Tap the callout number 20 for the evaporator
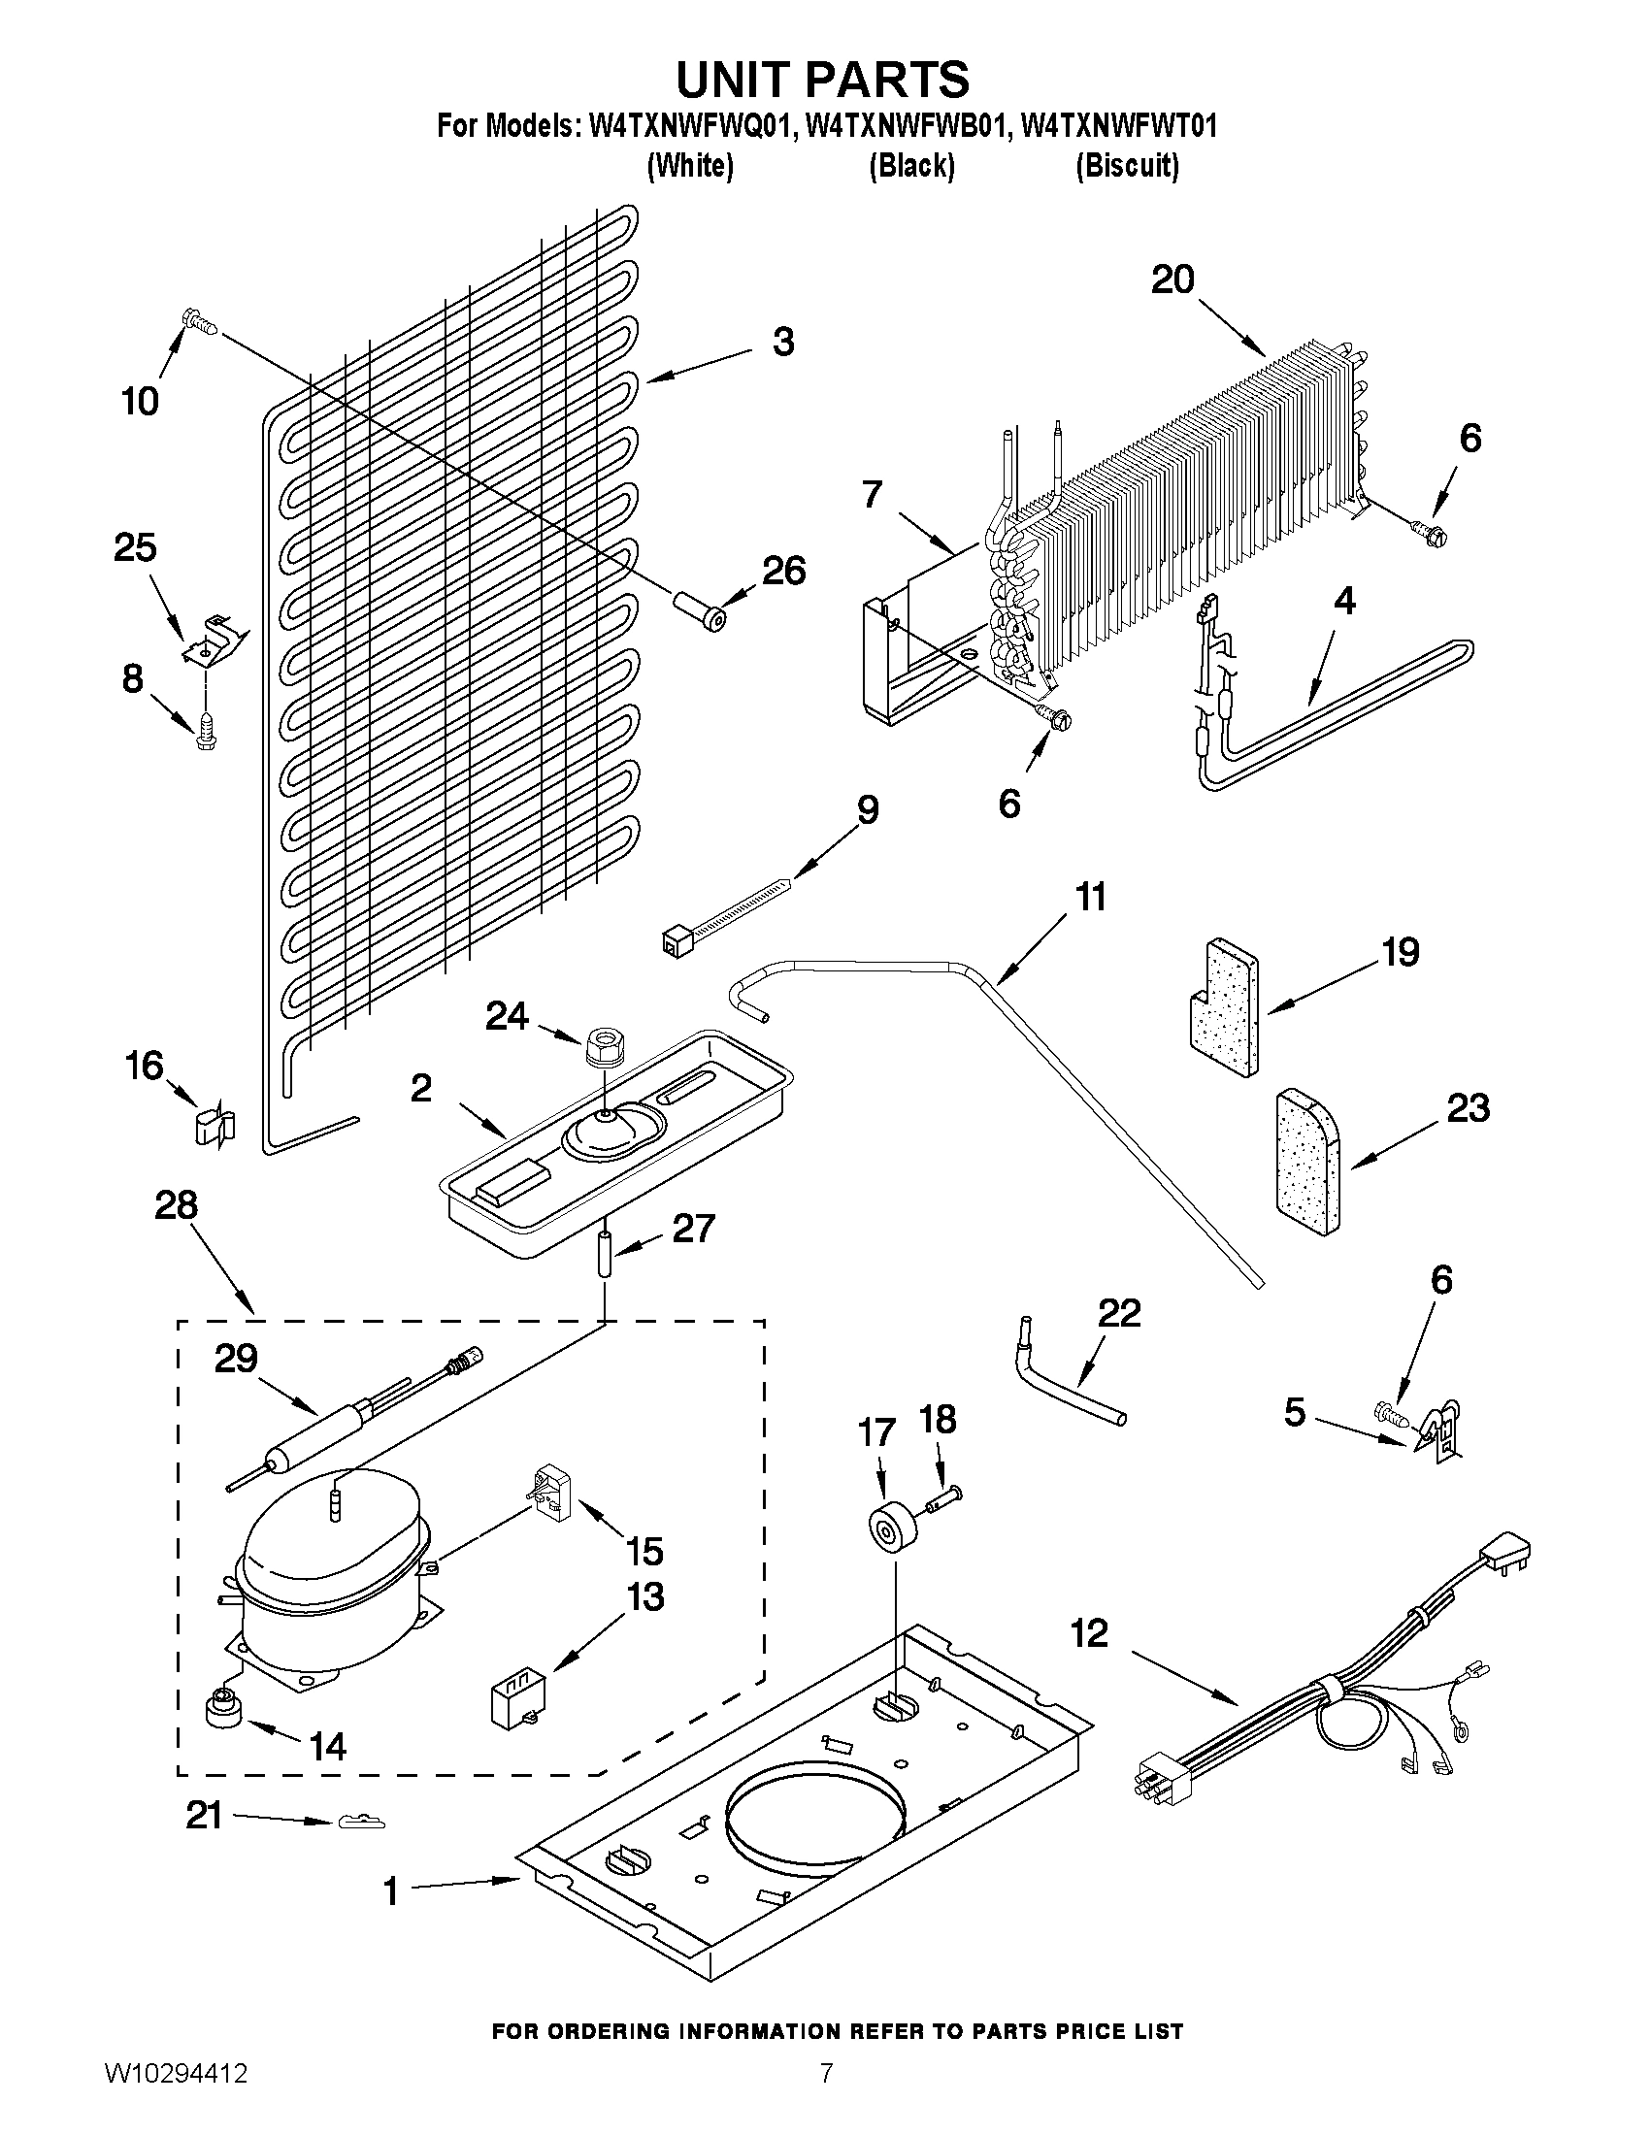click(x=1172, y=279)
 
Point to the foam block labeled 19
click(x=1223, y=1005)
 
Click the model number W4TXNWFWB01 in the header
click(x=906, y=128)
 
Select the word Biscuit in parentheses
click(x=1127, y=167)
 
